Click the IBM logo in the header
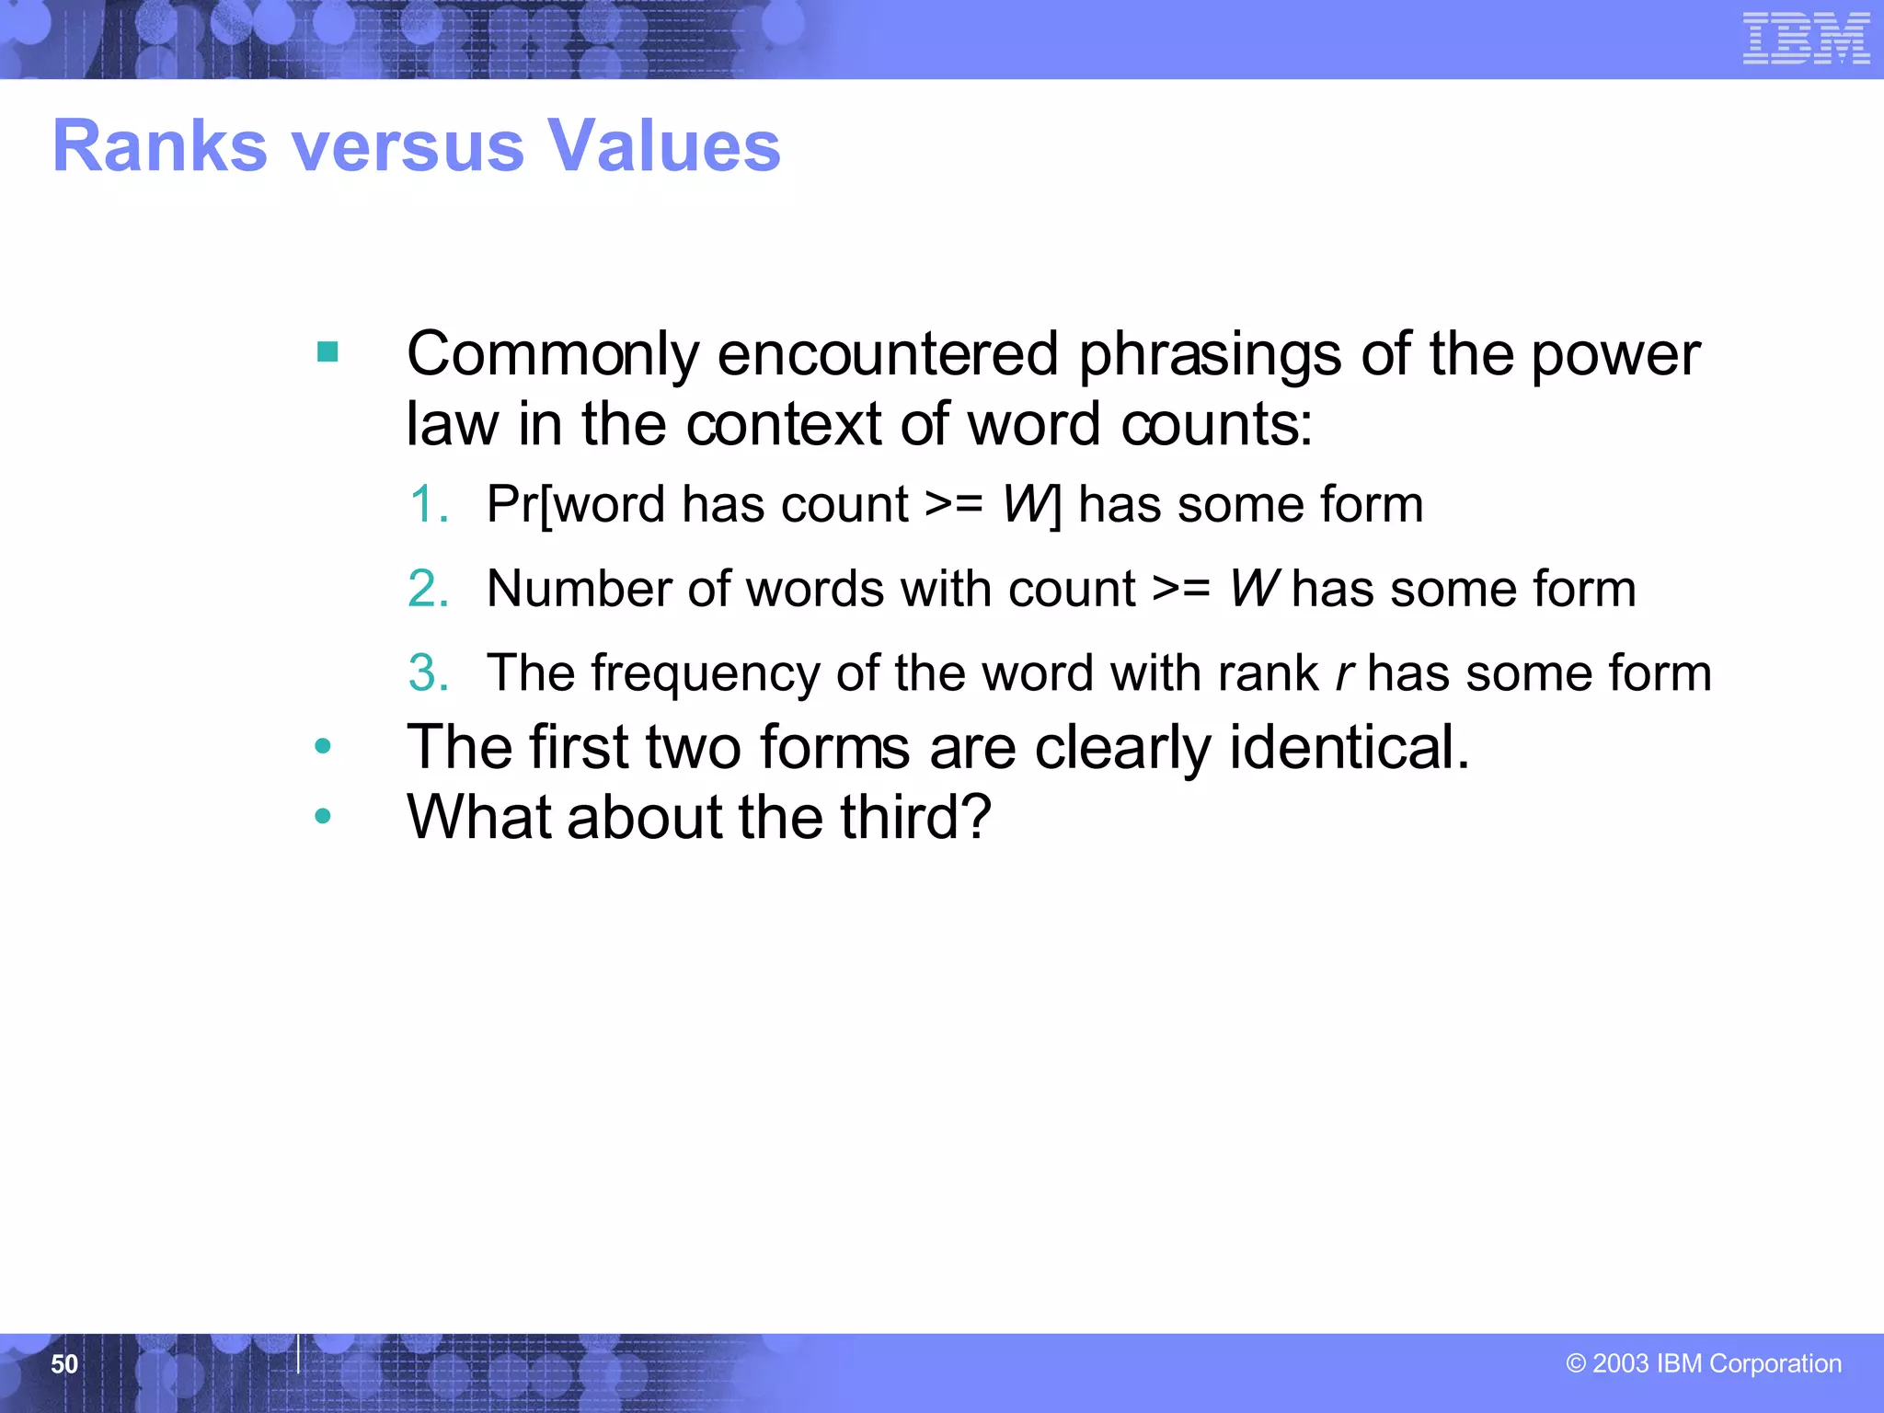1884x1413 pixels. point(1805,39)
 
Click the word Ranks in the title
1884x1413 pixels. point(160,146)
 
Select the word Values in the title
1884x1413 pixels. point(663,146)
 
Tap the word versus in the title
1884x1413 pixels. point(408,146)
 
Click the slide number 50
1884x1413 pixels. point(64,1363)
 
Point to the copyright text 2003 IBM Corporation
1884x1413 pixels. point(1703,1362)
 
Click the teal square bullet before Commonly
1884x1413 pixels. point(327,352)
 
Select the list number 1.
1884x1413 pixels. point(426,504)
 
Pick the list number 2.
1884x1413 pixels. point(428,589)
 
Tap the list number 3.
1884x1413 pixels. point(428,672)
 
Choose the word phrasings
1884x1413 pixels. point(1209,354)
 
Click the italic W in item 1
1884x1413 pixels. point(1025,504)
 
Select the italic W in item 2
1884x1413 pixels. point(1254,589)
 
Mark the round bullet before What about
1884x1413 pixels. point(322,816)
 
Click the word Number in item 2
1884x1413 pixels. point(580,589)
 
